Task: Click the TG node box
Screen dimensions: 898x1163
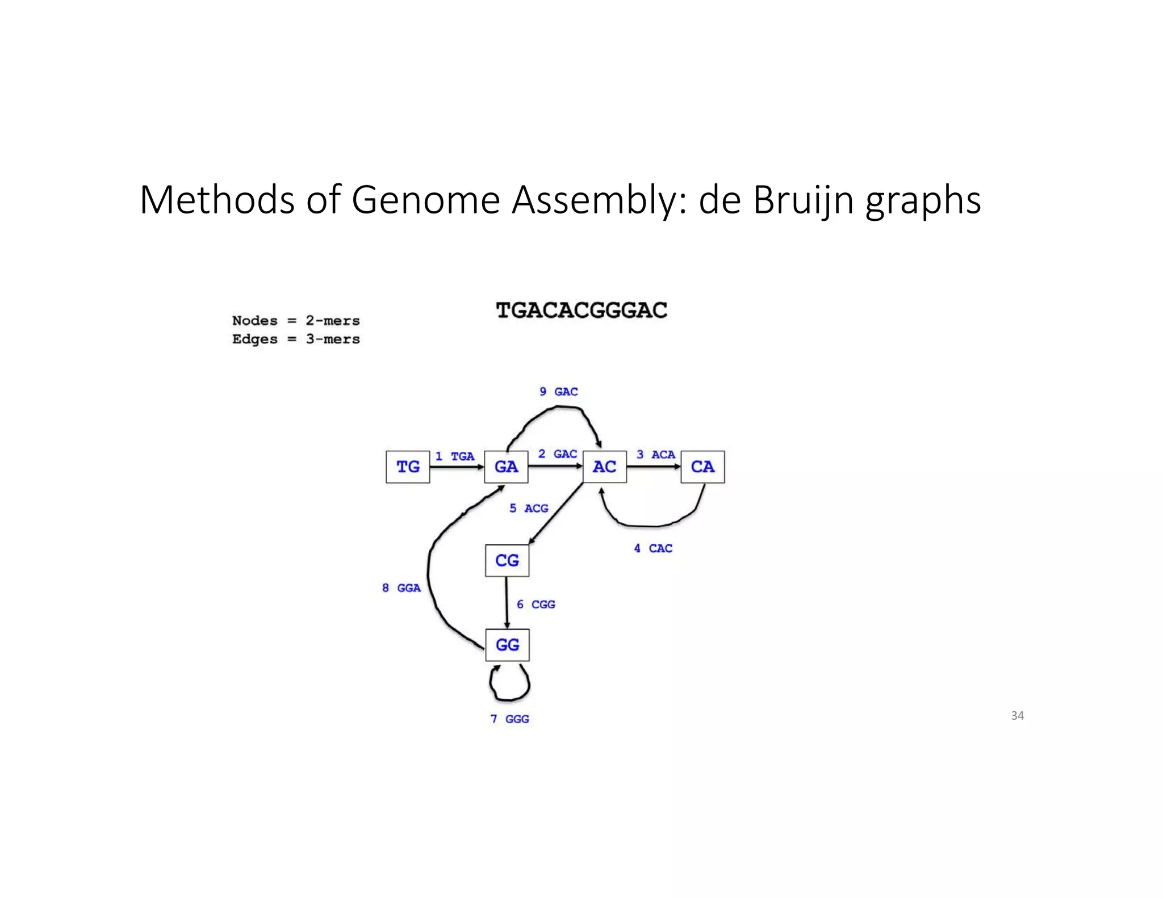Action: (x=408, y=467)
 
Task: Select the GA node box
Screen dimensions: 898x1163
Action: (x=506, y=467)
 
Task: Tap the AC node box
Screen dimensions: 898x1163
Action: (x=604, y=467)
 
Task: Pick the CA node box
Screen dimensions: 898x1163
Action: (x=702, y=467)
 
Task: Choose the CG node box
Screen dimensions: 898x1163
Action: (x=507, y=560)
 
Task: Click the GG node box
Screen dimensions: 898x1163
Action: (x=507, y=645)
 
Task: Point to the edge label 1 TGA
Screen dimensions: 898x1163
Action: (x=455, y=456)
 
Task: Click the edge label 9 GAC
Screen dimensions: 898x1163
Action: (x=559, y=392)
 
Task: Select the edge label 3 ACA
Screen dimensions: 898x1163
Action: (x=656, y=455)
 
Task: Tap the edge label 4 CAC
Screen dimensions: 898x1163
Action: (x=653, y=548)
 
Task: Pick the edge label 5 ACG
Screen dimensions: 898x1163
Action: (x=529, y=508)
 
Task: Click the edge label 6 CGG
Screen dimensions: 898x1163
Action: (x=536, y=605)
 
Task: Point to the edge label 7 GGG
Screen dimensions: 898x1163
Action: (x=509, y=719)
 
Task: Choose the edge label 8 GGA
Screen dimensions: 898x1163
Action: (x=401, y=588)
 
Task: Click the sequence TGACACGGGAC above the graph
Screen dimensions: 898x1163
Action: (x=581, y=310)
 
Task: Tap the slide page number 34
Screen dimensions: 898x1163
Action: (x=1017, y=716)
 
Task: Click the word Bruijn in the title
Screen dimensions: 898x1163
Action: (x=803, y=200)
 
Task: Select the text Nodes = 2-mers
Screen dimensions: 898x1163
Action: (x=296, y=321)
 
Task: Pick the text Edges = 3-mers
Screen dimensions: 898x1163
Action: (x=296, y=339)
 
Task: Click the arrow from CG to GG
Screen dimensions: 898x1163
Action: (x=507, y=603)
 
